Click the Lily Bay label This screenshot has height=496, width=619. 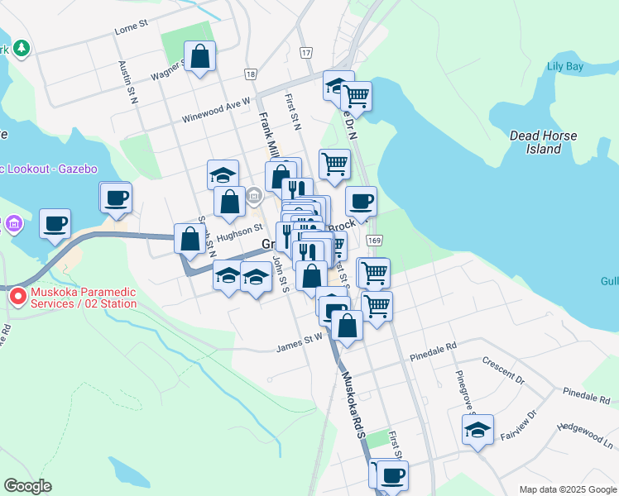(x=566, y=66)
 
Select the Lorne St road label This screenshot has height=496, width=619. (x=131, y=27)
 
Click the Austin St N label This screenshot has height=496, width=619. (x=126, y=81)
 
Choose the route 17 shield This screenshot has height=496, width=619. (x=307, y=52)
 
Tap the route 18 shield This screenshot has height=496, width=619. (x=250, y=74)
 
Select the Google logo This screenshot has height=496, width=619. (x=27, y=486)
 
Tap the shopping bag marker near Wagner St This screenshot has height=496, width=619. (x=200, y=57)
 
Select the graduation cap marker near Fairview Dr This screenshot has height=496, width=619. (x=477, y=430)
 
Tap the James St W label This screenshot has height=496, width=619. (x=300, y=338)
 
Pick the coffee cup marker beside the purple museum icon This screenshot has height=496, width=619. (x=55, y=223)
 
